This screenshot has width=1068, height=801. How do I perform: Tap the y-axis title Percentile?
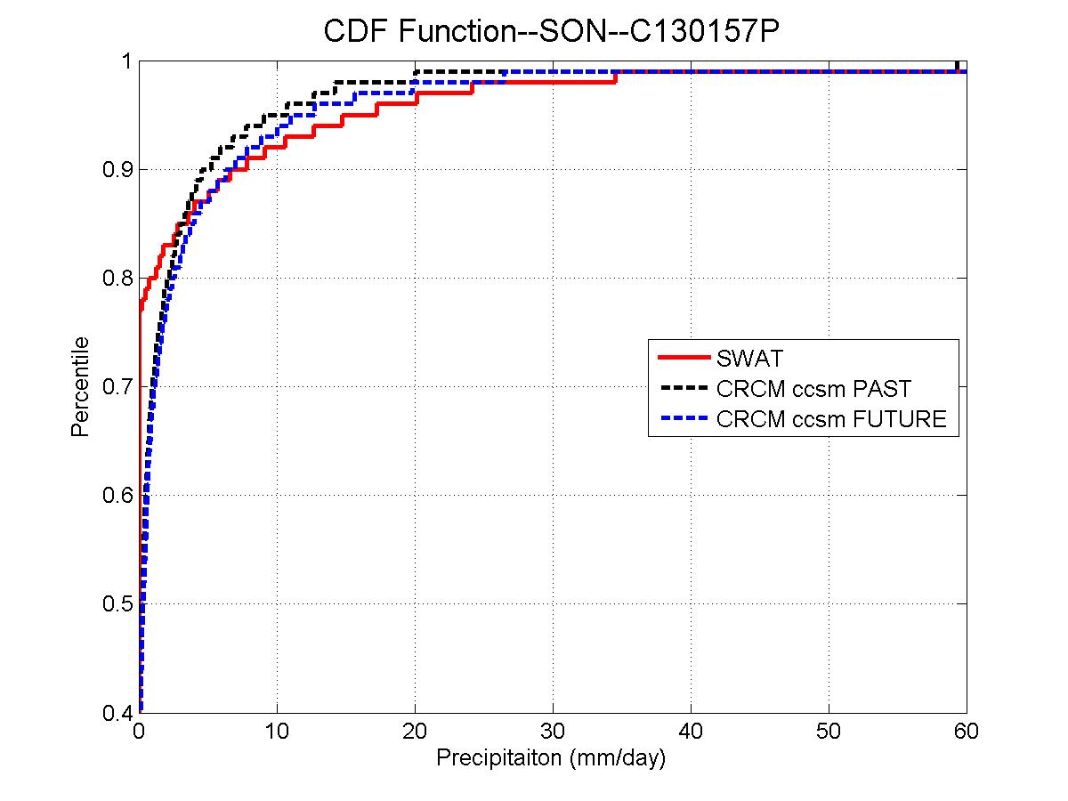point(81,386)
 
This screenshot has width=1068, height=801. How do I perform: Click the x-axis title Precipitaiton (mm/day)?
point(551,759)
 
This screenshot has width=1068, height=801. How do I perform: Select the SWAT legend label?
point(748,359)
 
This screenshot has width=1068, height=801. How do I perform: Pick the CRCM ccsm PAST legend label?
point(813,389)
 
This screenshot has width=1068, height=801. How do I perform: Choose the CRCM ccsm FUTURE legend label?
point(831,419)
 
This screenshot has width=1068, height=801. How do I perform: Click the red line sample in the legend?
point(683,359)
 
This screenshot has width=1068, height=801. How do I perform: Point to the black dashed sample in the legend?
point(683,389)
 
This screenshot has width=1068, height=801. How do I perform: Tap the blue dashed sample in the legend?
point(683,419)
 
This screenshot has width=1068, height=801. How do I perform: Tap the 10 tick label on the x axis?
point(277,732)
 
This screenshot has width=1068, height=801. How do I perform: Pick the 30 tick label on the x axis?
point(553,732)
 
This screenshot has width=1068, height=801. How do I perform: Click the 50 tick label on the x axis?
point(829,732)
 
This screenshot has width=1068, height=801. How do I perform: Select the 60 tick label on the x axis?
point(967,732)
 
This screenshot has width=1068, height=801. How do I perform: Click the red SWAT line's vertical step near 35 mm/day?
point(616,77)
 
